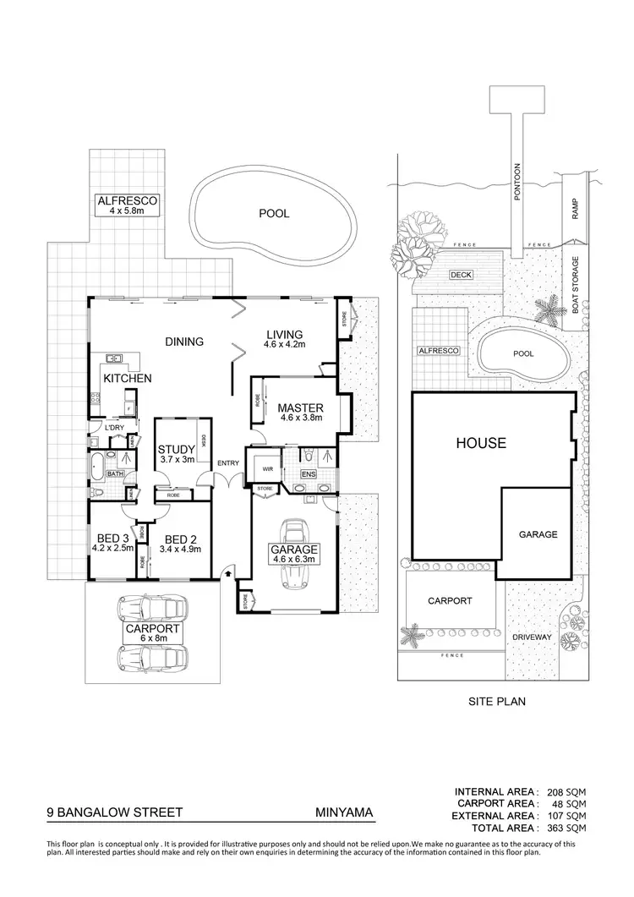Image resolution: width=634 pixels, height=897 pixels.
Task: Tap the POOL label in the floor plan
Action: click(274, 214)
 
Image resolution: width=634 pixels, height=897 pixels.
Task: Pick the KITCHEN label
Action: click(128, 378)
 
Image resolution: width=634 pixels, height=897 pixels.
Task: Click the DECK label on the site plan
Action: click(461, 275)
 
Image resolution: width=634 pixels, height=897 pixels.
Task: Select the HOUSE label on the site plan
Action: click(480, 442)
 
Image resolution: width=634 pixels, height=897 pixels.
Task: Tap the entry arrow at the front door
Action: click(227, 574)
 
